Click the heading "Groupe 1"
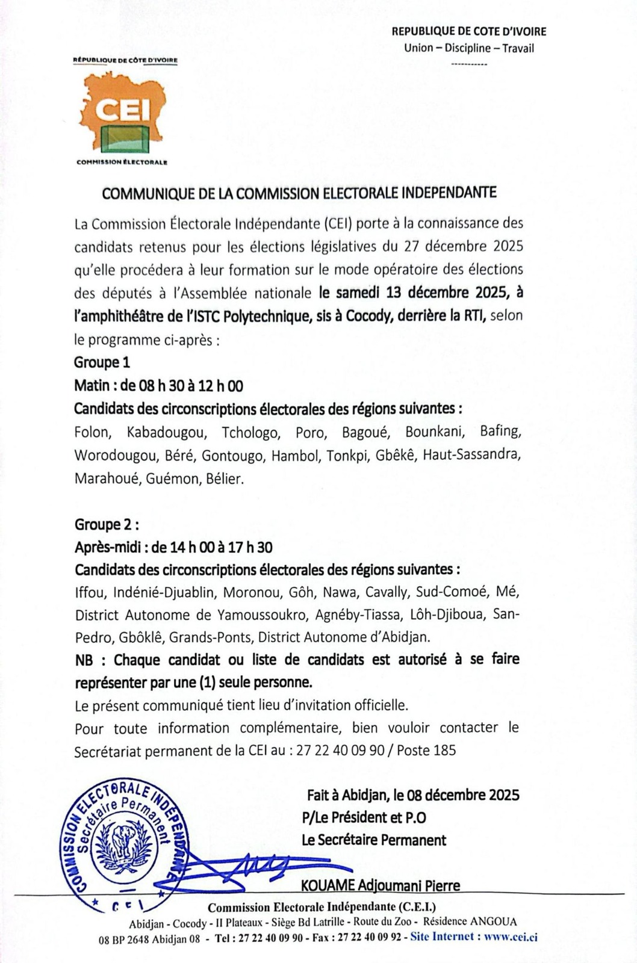click(102, 362)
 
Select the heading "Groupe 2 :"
click(107, 525)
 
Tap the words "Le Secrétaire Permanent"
click(374, 840)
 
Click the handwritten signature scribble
click(265, 867)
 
